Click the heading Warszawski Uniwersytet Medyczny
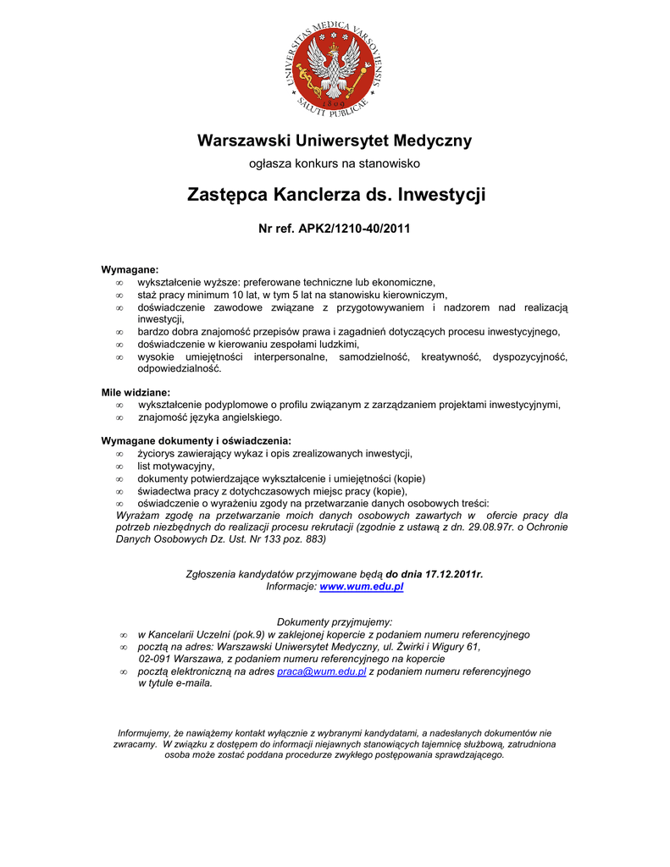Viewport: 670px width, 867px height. pos(335,141)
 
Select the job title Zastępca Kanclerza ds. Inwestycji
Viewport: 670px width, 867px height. pos(335,195)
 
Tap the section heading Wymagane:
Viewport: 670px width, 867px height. pos(130,269)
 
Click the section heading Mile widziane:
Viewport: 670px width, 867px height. pos(136,393)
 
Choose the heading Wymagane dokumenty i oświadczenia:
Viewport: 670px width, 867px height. pos(196,441)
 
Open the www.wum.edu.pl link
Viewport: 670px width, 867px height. pos(361,587)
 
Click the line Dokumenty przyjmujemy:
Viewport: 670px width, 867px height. pos(335,622)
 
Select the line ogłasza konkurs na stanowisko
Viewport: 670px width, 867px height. pos(334,163)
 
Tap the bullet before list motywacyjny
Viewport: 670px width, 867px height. pos(119,467)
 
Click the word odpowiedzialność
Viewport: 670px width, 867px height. pos(180,369)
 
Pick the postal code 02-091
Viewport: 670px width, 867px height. pos(158,659)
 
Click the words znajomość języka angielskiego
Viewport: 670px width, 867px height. pos(210,417)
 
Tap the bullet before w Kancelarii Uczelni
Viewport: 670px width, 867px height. pos(123,635)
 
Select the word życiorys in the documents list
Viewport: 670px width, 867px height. pos(158,454)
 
